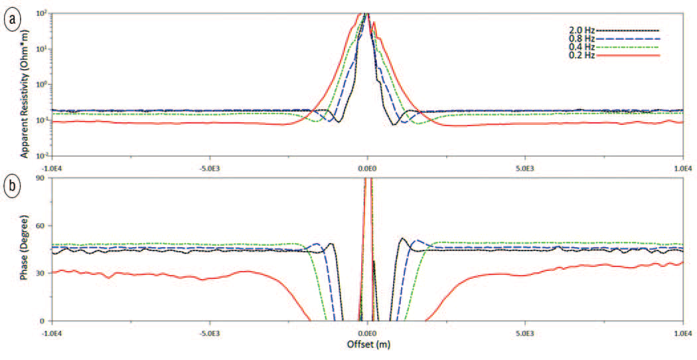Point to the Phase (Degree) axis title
[25, 250]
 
